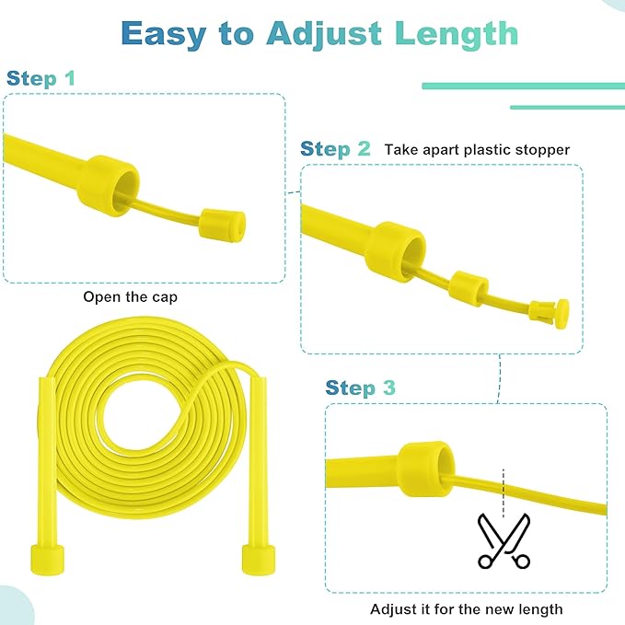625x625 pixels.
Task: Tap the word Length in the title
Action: [456, 33]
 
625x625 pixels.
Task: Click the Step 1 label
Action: [41, 78]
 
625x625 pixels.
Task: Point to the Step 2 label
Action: [335, 149]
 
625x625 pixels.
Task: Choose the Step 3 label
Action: [360, 388]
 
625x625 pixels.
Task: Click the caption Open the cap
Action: [131, 297]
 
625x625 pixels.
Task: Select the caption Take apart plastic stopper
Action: [477, 149]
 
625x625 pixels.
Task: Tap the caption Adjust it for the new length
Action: [466, 608]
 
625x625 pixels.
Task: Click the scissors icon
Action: [503, 541]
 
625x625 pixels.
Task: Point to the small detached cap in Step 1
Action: [223, 223]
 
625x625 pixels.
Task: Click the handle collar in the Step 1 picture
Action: [109, 182]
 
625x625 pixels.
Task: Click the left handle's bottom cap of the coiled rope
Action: [48, 558]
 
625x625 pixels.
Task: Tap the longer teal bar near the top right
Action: [523, 86]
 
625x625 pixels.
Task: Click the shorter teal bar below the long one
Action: [567, 107]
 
